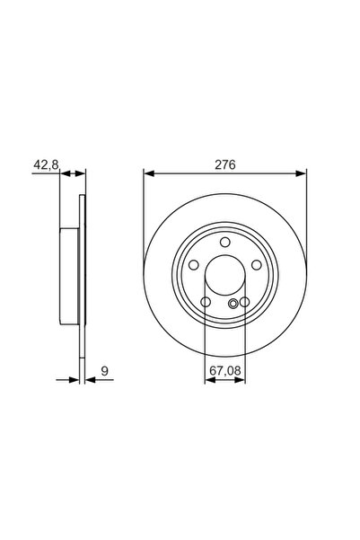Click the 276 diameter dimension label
click(x=225, y=165)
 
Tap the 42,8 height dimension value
click(x=46, y=165)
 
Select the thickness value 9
click(x=105, y=371)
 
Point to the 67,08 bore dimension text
click(x=225, y=370)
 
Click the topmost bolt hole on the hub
click(x=225, y=242)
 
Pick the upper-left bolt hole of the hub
click(x=194, y=265)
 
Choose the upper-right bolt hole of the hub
click(x=257, y=265)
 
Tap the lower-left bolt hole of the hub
click(x=206, y=302)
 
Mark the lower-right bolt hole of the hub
click(x=245, y=302)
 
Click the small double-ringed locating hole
click(x=233, y=304)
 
